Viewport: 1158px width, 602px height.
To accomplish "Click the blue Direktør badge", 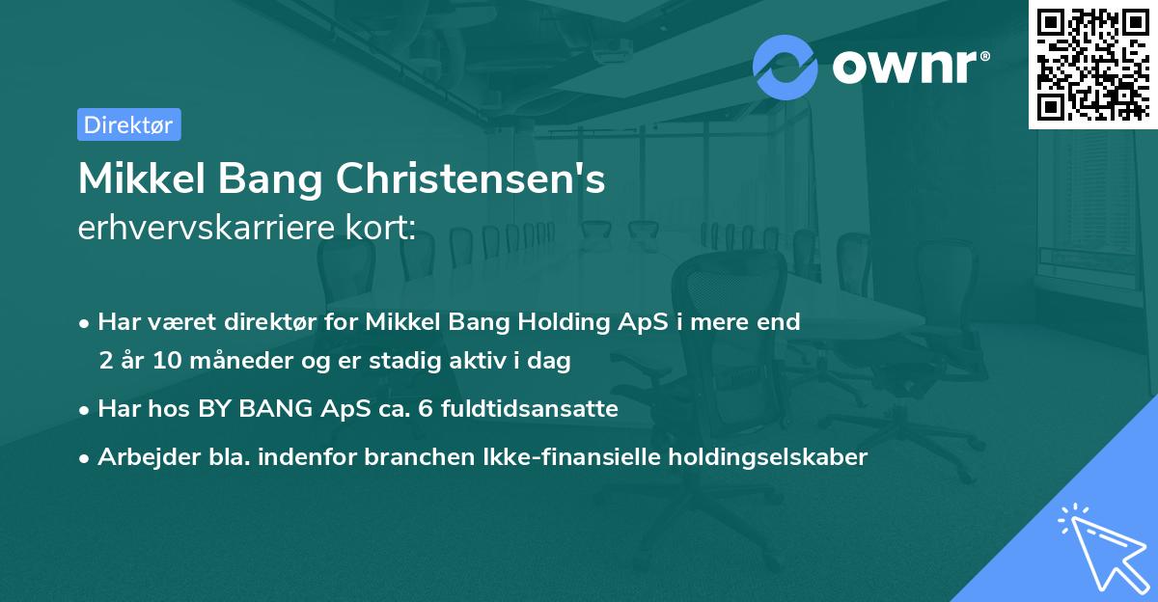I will click(x=128, y=124).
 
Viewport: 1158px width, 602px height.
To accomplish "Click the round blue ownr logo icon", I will click(x=786, y=67).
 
